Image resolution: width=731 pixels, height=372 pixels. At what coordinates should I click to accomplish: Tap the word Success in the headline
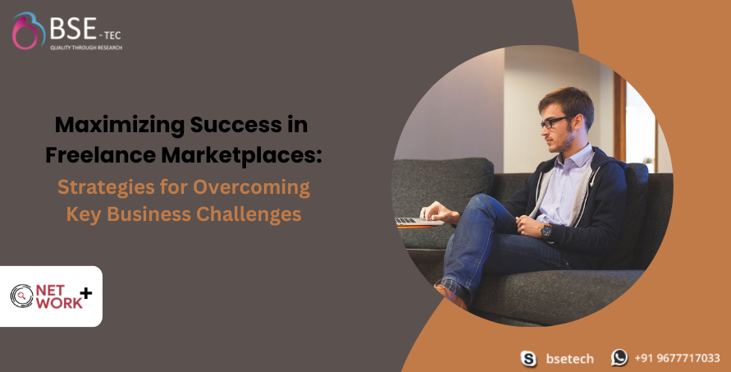[x=236, y=125]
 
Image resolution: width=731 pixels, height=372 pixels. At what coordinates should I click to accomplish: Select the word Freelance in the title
[x=101, y=155]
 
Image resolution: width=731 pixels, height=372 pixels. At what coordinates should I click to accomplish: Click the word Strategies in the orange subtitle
[x=107, y=188]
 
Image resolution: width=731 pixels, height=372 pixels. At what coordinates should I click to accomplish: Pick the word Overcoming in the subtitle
[x=251, y=188]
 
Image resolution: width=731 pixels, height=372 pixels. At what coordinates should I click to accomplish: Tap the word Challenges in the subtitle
[x=249, y=214]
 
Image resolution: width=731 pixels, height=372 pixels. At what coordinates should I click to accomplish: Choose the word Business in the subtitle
[x=148, y=214]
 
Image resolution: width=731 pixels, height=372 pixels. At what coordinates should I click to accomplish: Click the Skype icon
[x=528, y=359]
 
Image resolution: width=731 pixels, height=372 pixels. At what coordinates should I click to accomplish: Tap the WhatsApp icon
[x=619, y=357]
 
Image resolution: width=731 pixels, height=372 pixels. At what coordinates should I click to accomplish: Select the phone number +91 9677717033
[x=677, y=358]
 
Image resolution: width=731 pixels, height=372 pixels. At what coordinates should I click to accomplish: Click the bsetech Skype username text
[x=569, y=359]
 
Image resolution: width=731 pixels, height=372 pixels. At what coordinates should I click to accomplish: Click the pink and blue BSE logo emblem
[x=28, y=30]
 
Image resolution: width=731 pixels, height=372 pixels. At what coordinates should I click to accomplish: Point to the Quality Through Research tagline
[x=86, y=48]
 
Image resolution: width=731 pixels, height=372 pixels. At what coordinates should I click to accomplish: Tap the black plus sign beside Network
[x=86, y=293]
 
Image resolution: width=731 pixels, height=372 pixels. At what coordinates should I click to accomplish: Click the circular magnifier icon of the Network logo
[x=21, y=296]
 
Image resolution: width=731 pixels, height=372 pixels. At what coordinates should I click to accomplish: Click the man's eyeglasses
[x=555, y=122]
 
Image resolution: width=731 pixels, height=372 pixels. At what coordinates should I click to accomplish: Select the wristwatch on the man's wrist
[x=546, y=231]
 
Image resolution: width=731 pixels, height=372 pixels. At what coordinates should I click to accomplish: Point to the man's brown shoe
[x=450, y=296]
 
